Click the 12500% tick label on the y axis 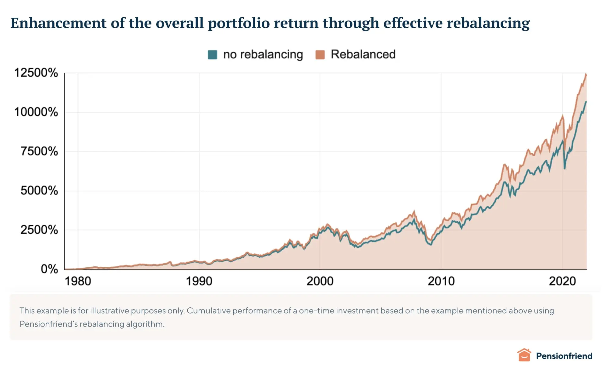[36, 73]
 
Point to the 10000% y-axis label [36, 112]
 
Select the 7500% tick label [39, 151]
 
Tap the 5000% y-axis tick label [39, 190]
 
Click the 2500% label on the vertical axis [39, 230]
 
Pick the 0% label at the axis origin [49, 269]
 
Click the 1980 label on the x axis [78, 281]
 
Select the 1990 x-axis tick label [199, 281]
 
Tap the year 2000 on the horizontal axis [320, 281]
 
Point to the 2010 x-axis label [441, 281]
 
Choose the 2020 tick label [562, 281]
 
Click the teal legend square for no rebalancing [212, 55]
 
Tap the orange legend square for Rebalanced [320, 55]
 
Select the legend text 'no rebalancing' [263, 55]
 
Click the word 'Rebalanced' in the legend [363, 54]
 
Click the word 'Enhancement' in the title [58, 23]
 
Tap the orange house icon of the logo [524, 355]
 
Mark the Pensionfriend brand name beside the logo [564, 356]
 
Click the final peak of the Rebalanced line [586, 74]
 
